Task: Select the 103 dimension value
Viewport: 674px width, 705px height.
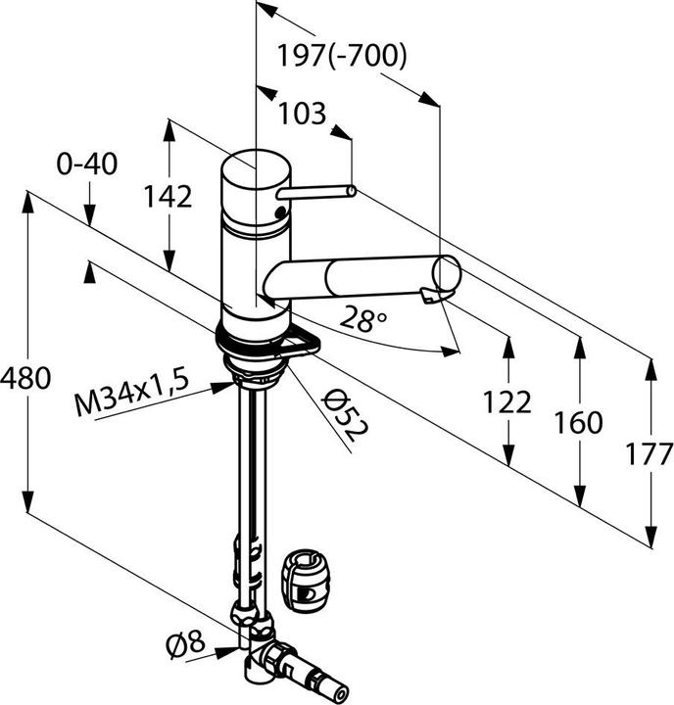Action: (302, 114)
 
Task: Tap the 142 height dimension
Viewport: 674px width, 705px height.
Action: (167, 196)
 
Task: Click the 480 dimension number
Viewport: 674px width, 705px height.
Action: (25, 378)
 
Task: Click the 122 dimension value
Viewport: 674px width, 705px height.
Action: (507, 400)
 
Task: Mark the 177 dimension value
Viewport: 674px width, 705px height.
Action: (650, 453)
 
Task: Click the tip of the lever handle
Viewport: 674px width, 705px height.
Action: (348, 191)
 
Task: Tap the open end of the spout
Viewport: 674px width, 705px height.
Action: (447, 275)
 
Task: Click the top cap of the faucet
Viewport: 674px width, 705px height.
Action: (255, 168)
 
